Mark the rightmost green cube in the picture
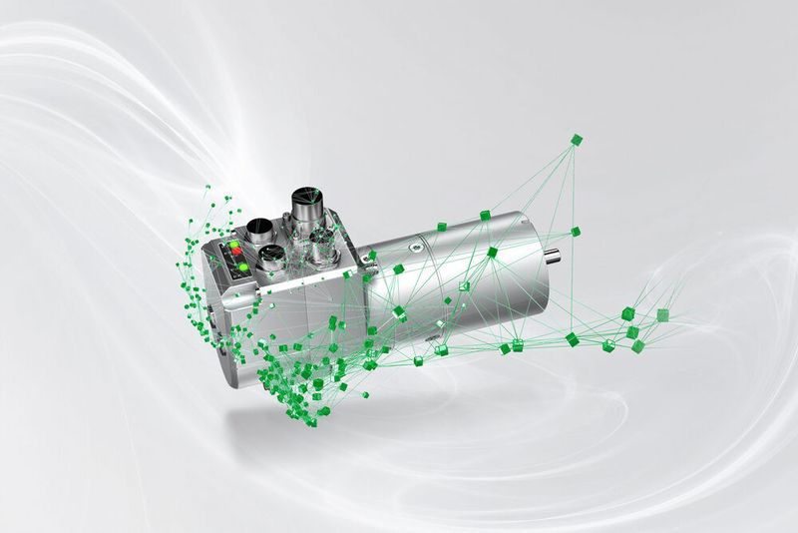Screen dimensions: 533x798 662,314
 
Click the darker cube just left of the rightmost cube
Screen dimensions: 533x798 628,313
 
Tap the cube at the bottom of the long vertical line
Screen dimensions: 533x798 573,339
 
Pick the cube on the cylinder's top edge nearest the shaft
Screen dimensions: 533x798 485,215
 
